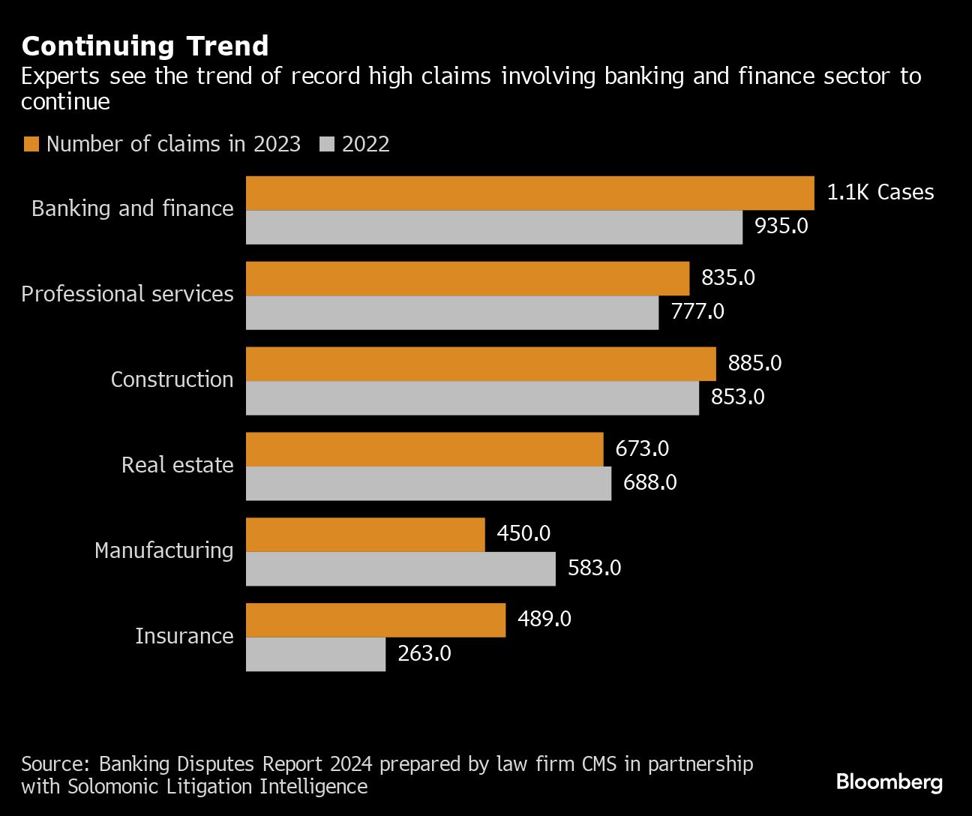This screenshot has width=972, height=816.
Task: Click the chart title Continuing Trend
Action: pyautogui.click(x=145, y=46)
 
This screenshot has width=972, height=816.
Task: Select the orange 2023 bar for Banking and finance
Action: pyautogui.click(x=529, y=193)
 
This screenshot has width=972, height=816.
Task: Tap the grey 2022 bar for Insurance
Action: pyautogui.click(x=316, y=654)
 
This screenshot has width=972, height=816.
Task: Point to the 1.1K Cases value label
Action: pyautogui.click(x=880, y=193)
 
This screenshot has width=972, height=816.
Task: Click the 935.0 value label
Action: pyautogui.click(x=781, y=226)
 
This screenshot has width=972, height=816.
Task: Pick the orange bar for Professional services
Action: pyautogui.click(x=467, y=278)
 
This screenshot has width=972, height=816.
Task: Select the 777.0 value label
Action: pyautogui.click(x=697, y=311)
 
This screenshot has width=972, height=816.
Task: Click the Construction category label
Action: pyautogui.click(x=172, y=379)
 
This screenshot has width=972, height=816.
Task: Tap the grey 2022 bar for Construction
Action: pyautogui.click(x=472, y=397)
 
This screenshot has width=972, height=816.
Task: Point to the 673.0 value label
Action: pyautogui.click(x=641, y=448)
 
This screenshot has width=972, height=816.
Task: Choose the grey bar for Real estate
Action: pyautogui.click(x=428, y=483)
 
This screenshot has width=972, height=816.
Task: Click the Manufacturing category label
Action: pyautogui.click(x=163, y=550)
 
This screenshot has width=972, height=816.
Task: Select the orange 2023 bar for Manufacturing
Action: pyautogui.click(x=365, y=535)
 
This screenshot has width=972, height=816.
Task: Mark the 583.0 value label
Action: pyautogui.click(x=594, y=568)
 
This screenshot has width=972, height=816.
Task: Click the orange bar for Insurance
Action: pyautogui.click(x=375, y=620)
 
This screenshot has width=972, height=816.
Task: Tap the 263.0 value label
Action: pyautogui.click(x=424, y=654)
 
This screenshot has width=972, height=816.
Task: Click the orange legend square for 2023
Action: pyautogui.click(x=31, y=144)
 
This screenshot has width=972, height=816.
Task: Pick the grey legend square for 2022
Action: pyautogui.click(x=326, y=144)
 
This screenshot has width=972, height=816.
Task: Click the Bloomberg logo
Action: pyautogui.click(x=889, y=782)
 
